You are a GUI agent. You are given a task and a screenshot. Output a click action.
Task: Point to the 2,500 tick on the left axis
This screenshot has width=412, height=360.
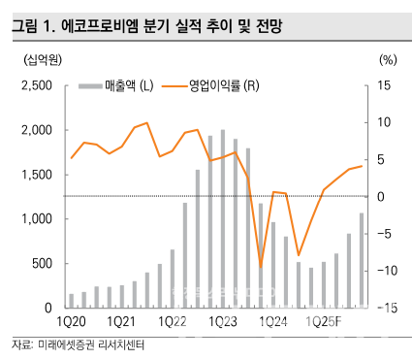tap(36, 85)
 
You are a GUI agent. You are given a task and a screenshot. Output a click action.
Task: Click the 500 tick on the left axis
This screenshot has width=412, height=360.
tap(42, 264)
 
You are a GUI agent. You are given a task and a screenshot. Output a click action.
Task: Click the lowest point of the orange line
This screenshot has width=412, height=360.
tap(261, 266)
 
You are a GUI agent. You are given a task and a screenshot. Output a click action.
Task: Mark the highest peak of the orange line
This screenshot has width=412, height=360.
tap(146, 123)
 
